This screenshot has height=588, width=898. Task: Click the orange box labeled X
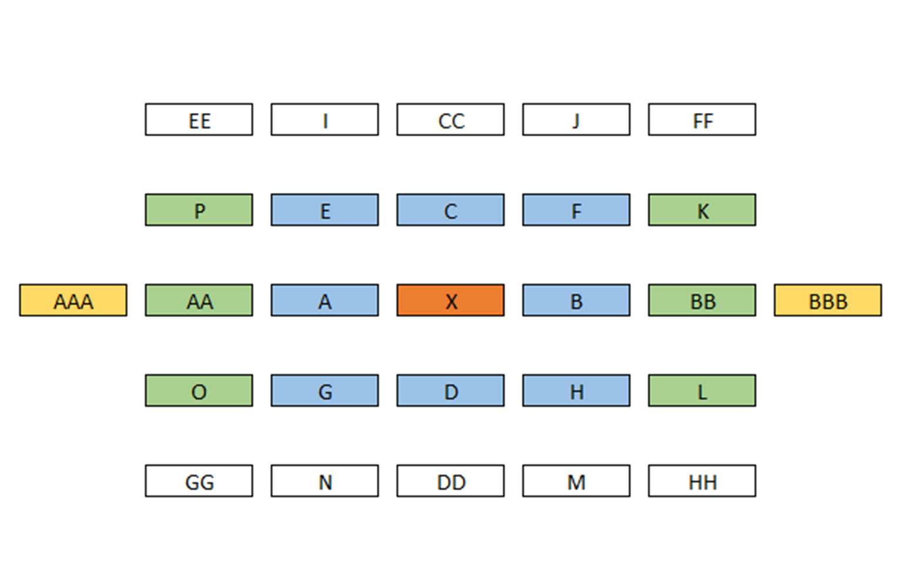451,300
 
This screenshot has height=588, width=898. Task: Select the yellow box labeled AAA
73,300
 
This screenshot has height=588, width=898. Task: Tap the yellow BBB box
828,300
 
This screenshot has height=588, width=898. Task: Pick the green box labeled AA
199,300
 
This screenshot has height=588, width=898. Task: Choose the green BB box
702,300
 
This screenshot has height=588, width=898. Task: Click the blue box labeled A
325,300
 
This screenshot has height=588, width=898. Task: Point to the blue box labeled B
577,300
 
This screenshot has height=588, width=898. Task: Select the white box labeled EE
199,119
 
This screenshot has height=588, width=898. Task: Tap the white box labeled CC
451,119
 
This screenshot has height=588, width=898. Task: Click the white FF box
702,119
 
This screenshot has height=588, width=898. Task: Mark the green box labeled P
199,210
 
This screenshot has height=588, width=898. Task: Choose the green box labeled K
702,210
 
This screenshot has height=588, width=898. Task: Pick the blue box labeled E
325,210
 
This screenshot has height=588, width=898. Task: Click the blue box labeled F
577,210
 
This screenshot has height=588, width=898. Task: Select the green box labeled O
199,390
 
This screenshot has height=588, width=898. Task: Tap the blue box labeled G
325,390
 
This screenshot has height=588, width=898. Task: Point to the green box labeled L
702,390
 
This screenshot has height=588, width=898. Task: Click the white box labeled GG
199,481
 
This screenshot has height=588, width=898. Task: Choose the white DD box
451,481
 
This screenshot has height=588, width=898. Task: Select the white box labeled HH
702,481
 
